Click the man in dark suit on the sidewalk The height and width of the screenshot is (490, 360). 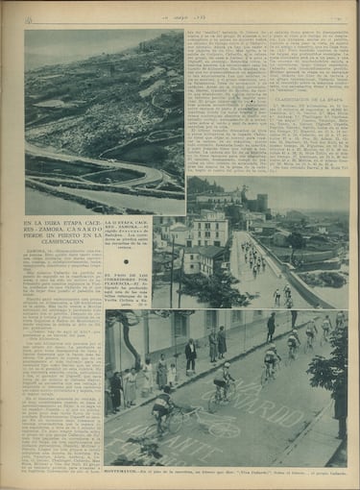[191, 355]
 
